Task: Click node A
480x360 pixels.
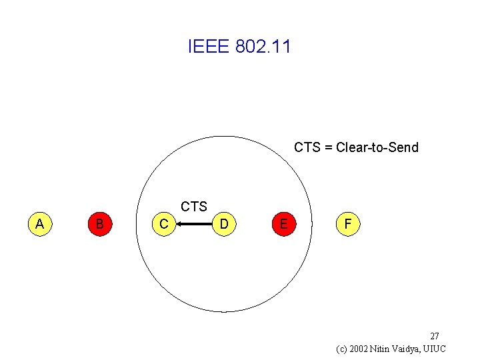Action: click(40, 224)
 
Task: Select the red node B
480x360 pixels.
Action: click(99, 224)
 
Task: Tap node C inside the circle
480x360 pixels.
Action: click(164, 224)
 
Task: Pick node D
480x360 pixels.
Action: click(225, 224)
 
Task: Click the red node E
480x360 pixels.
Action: click(284, 224)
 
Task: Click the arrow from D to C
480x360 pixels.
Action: click(195, 225)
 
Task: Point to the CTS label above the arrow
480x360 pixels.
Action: click(194, 207)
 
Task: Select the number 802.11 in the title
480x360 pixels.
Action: click(263, 47)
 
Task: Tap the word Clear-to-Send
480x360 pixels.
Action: click(377, 147)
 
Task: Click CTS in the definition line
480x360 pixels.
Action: click(307, 147)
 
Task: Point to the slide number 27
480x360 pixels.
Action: click(434, 336)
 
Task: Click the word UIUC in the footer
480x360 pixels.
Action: click(433, 349)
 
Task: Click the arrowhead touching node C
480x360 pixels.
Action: click(180, 225)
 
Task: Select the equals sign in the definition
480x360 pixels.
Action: click(328, 147)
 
